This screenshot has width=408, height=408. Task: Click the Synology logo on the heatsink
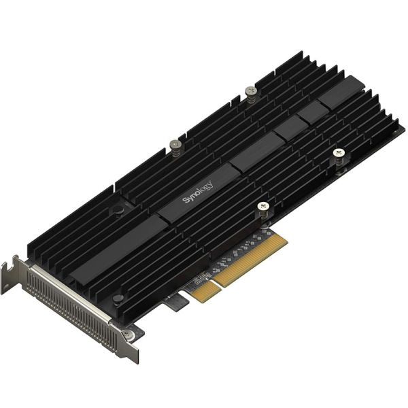(198, 192)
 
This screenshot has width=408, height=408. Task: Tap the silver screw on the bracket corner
(128, 334)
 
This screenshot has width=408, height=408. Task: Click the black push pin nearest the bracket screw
(118, 300)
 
